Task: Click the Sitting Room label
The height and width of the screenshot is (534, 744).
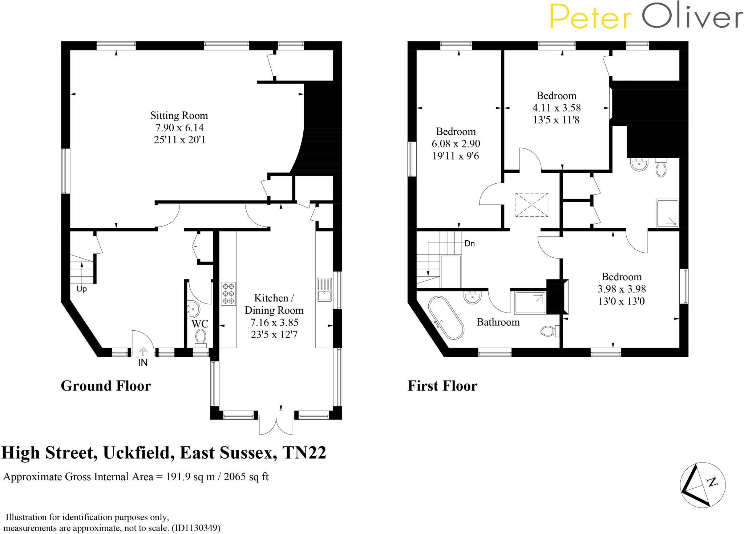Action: click(179, 116)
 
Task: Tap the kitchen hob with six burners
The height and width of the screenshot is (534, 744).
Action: click(228, 293)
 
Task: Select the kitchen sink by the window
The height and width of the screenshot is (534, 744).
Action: click(324, 290)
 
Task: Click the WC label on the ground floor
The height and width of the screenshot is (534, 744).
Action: click(200, 323)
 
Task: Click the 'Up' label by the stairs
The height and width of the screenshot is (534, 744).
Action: click(82, 289)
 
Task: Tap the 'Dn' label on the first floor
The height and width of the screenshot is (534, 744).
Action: click(469, 243)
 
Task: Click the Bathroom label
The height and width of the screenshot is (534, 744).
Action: click(498, 322)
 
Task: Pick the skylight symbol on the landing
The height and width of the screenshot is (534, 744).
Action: click(531, 205)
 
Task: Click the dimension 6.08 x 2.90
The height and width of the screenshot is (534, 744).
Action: click(456, 144)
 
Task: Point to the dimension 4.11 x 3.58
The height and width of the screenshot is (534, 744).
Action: click(556, 108)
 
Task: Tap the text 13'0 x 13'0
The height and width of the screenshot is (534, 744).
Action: click(621, 301)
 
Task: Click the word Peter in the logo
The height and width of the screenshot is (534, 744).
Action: click(590, 17)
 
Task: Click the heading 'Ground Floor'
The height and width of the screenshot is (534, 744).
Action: click(106, 386)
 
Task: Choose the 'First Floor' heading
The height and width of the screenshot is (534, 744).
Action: click(442, 386)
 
